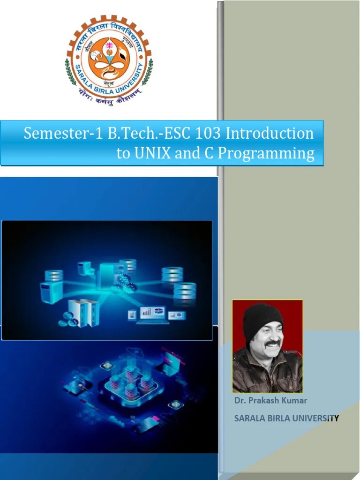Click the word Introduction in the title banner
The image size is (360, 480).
point(270,134)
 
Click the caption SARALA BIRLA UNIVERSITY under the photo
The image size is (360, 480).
point(286,419)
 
